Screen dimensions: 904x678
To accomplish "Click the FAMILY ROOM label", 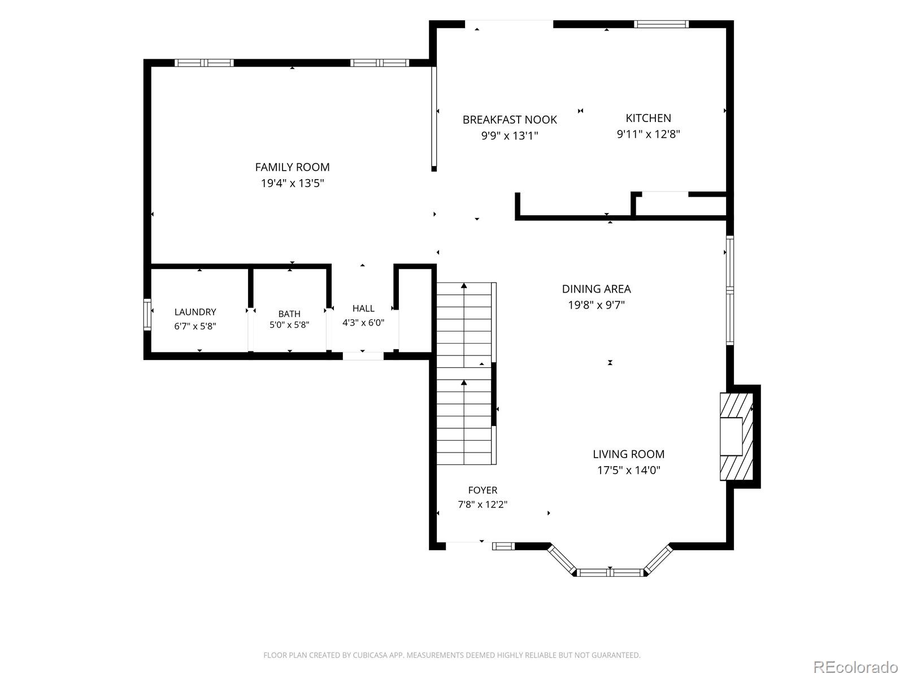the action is (x=292, y=167).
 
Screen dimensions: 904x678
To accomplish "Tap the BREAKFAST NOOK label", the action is (x=510, y=120).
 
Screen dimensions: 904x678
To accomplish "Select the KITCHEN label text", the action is (x=648, y=118).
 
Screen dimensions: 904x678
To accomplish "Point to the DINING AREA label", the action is (x=596, y=289).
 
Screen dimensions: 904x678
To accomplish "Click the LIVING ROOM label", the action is (x=628, y=454).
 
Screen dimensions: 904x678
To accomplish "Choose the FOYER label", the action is (x=483, y=490).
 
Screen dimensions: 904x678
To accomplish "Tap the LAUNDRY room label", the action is (x=195, y=312).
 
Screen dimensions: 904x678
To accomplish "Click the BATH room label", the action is (x=289, y=314).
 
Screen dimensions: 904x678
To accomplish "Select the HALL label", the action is (x=363, y=308).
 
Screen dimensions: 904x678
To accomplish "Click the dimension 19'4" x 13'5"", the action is (x=293, y=183).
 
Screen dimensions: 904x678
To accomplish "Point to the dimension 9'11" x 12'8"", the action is (x=648, y=134).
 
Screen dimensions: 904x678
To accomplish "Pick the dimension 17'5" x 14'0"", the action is (x=629, y=470).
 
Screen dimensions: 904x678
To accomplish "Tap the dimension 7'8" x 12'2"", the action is (x=483, y=505).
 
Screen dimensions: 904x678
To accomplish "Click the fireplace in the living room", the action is (x=736, y=436).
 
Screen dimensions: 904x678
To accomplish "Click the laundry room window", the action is (x=147, y=315).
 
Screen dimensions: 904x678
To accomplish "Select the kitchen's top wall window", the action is (x=661, y=24).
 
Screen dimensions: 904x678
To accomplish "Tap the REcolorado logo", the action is (x=855, y=667).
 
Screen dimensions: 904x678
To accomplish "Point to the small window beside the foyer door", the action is (x=503, y=546).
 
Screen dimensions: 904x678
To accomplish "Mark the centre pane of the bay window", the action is (x=610, y=572).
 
